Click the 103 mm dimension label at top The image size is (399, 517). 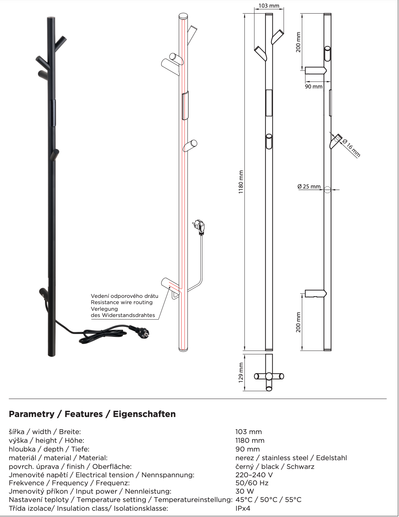click(x=269, y=6)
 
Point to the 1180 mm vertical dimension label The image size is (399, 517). click(x=241, y=182)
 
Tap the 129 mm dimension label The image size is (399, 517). click(x=241, y=372)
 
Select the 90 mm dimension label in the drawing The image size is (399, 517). click(x=314, y=86)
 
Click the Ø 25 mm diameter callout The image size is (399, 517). click(x=309, y=187)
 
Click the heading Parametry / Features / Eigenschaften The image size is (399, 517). click(x=92, y=414)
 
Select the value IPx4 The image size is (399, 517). click(x=243, y=509)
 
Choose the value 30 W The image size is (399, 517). click(x=244, y=492)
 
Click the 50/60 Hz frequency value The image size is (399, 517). click(x=252, y=483)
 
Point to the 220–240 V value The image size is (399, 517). click(x=254, y=475)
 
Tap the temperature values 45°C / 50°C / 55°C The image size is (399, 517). click(x=268, y=500)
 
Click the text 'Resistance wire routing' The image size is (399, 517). click(x=122, y=302)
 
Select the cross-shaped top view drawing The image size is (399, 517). click(x=269, y=376)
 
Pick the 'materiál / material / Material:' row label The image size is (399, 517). click(x=58, y=458)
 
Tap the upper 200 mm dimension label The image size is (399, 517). click(x=299, y=42)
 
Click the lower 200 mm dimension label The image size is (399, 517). click(x=299, y=322)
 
